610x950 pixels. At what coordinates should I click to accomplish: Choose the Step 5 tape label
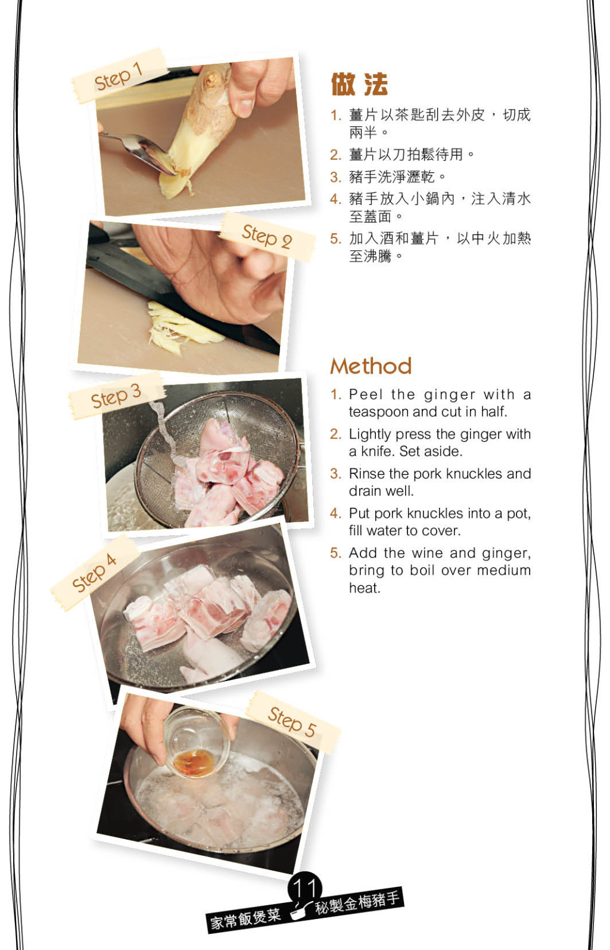point(292,722)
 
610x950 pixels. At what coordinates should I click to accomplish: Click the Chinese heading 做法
point(359,84)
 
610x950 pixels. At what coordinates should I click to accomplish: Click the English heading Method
point(371,366)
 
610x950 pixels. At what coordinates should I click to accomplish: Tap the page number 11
point(304,887)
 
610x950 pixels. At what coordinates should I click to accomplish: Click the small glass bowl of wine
point(196,743)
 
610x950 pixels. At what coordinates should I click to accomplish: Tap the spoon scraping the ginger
point(136,151)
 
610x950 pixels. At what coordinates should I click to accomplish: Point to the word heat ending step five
point(365,588)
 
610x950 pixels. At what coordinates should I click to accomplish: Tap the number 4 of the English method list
point(336,514)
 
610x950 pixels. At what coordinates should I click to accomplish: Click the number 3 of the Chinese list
point(336,177)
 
